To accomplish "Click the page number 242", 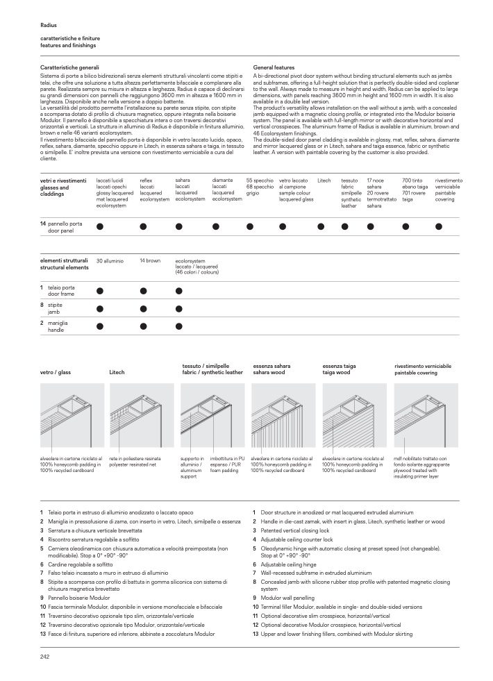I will (44, 657).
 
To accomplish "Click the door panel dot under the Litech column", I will (321, 226).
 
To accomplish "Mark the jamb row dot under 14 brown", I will (143, 309).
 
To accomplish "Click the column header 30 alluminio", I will (110, 260).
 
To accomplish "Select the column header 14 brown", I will (150, 260).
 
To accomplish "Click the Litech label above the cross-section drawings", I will (117, 373).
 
